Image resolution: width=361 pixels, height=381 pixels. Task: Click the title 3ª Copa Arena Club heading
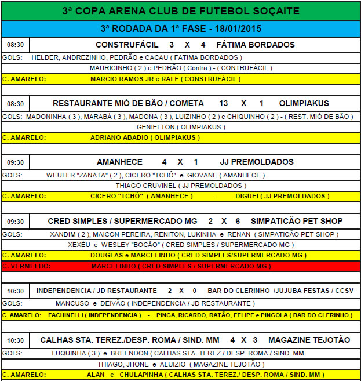click(180, 11)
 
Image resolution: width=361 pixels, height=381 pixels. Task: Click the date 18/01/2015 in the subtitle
click(239, 28)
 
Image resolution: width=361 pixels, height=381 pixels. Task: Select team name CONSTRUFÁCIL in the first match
click(125, 45)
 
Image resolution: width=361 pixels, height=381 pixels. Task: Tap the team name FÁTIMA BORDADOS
click(256, 45)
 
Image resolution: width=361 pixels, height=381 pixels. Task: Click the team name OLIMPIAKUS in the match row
click(304, 103)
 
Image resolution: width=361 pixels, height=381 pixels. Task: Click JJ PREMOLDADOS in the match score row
click(257, 162)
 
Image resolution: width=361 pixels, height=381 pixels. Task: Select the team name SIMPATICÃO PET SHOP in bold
click(297, 221)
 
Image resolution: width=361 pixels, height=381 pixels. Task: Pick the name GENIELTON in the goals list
click(155, 126)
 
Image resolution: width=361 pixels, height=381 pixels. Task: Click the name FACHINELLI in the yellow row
click(64, 315)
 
